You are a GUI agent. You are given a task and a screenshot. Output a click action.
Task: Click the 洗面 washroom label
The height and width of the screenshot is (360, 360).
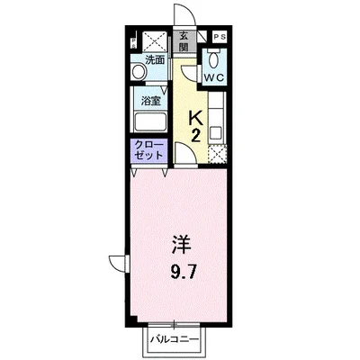155,60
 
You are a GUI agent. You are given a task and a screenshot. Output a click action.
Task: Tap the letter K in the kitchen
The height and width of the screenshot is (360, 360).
195,117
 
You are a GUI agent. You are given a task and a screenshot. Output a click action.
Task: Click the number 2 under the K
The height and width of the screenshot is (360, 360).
195,135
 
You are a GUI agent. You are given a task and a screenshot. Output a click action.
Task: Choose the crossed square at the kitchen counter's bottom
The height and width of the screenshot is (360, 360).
217,155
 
